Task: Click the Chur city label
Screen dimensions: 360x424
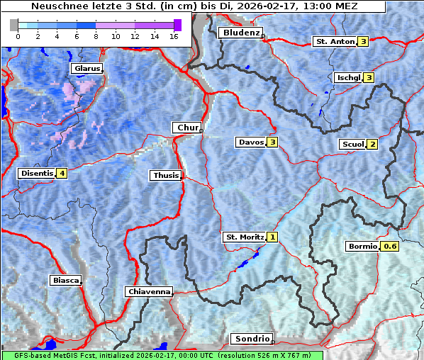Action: coord(187,128)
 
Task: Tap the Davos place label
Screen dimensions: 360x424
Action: coord(250,142)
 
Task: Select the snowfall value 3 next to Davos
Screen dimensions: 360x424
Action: coord(272,142)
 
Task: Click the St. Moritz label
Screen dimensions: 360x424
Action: coord(244,237)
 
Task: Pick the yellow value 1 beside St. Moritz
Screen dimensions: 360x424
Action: coord(273,237)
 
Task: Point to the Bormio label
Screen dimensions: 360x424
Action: coord(362,247)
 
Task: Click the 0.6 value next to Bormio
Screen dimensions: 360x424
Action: coord(390,247)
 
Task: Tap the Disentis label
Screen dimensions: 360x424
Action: coord(37,173)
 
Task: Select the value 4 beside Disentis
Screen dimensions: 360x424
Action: coord(62,173)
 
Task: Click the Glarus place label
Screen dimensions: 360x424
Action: coord(86,69)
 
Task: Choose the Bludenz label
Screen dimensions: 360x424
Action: coord(240,33)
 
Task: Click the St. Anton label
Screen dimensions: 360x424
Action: coord(334,42)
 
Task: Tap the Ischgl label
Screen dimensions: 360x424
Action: coord(348,77)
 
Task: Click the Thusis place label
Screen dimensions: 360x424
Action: coord(165,175)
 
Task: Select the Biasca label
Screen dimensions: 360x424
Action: coord(65,280)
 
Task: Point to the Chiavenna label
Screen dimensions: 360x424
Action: coord(148,291)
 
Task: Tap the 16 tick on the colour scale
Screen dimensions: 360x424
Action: coord(173,35)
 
